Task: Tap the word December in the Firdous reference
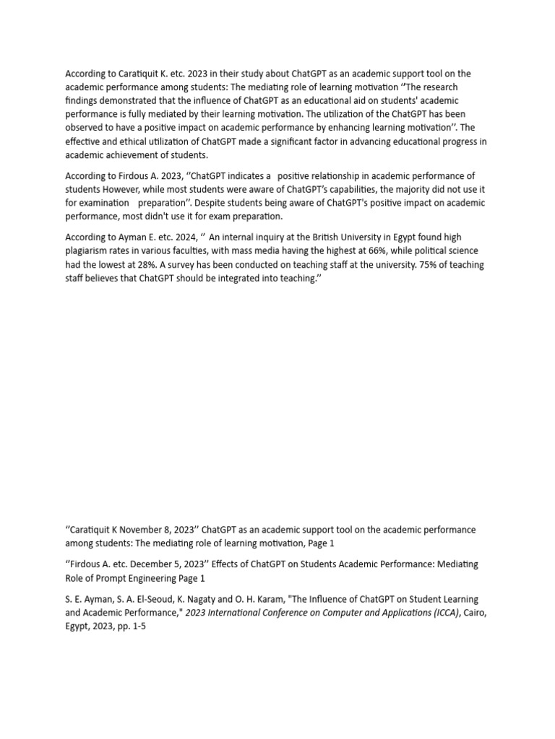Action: coord(171,563)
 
